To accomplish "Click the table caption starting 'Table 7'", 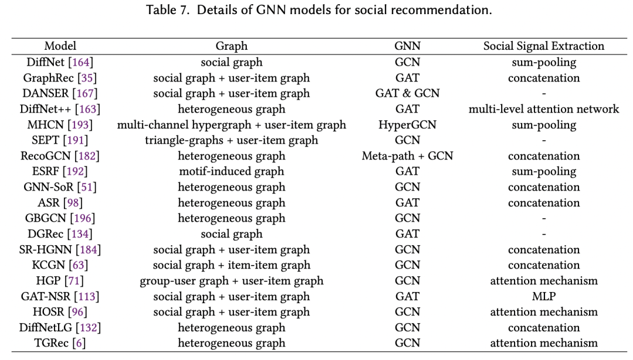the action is (x=316, y=10).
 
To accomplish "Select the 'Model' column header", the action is (x=60, y=46).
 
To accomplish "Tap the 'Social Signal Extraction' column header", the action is (x=543, y=46).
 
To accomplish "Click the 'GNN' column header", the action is (x=407, y=46).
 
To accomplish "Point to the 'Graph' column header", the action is (x=232, y=46).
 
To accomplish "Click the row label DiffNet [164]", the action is (x=60, y=62).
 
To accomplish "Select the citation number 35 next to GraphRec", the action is (x=89, y=78).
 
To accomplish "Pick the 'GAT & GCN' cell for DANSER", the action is (x=407, y=93).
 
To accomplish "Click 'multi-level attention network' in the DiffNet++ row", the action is (x=543, y=109).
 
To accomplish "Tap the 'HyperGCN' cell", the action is (x=407, y=125).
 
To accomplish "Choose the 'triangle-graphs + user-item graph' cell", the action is (x=232, y=140).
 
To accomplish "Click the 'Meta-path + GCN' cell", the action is (x=407, y=156).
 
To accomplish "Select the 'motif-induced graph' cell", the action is (x=232, y=172).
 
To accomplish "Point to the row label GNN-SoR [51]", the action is (x=60, y=187).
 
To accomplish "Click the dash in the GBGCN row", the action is (x=543, y=219).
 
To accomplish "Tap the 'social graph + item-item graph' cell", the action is (x=232, y=266).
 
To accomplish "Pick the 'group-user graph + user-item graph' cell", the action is (x=232, y=281).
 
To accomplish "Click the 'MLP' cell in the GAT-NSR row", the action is (x=543, y=297).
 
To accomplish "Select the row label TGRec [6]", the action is (x=60, y=344).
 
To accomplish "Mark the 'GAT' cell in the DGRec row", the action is (x=407, y=234).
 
